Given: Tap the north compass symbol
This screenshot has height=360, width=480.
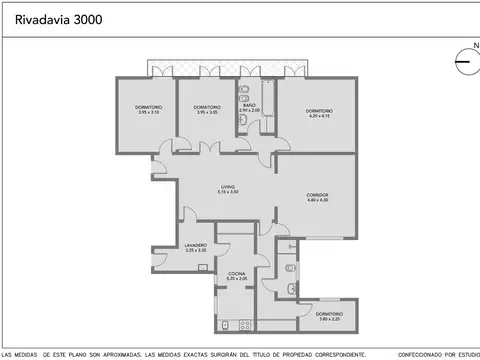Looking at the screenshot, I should point(463,61).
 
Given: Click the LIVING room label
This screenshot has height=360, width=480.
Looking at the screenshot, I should point(229,188).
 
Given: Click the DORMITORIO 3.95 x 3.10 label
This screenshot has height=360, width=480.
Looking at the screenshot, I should point(149,110).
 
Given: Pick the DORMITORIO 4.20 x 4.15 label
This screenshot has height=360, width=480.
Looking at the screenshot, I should point(319,113).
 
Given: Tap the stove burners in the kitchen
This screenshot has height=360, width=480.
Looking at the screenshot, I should point(229,326).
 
